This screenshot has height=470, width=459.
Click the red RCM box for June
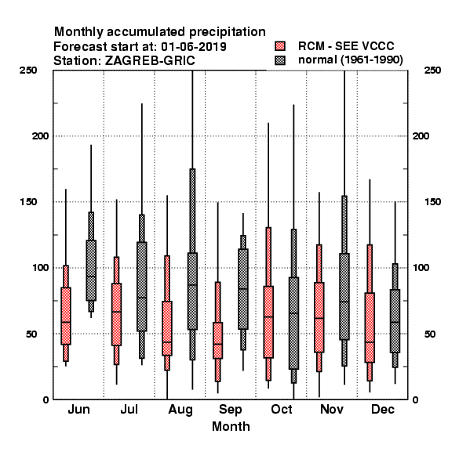click(x=66, y=316)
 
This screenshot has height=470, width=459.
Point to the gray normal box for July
click(x=142, y=287)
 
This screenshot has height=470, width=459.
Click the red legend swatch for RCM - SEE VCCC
click(x=280, y=46)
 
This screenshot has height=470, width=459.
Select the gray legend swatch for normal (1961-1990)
click(x=280, y=60)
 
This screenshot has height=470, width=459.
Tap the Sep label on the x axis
click(x=230, y=410)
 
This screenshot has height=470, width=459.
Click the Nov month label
click(x=331, y=409)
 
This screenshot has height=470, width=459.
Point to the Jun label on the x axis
click(x=78, y=409)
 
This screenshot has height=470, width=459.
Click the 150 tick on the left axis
click(x=28, y=202)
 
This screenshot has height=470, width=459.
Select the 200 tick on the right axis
click(x=421, y=136)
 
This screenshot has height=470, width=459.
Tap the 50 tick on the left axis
click(x=31, y=334)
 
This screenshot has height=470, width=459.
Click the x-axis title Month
click(x=231, y=427)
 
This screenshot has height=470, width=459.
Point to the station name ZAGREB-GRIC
click(x=150, y=60)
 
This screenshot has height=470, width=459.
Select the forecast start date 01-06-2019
click(x=194, y=46)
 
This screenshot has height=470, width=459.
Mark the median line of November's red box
click(x=319, y=318)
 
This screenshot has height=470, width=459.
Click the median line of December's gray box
click(x=395, y=322)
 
